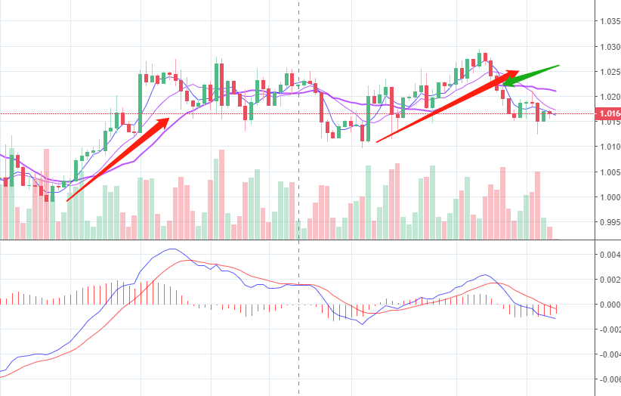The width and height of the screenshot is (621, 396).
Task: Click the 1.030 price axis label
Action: [608, 47]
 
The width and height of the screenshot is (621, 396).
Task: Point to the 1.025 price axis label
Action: [608, 72]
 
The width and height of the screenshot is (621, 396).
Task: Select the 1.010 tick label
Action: [608, 147]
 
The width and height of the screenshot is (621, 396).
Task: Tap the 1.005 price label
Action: [608, 172]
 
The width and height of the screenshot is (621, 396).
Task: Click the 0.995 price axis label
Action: [608, 223]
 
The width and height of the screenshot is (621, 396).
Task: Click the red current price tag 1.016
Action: [608, 114]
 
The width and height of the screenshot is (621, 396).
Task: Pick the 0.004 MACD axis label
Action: [610, 255]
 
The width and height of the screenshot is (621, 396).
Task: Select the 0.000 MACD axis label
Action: [610, 305]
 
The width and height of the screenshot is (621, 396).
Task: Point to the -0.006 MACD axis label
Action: [607, 379]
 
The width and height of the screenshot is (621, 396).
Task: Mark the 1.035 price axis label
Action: [608, 21]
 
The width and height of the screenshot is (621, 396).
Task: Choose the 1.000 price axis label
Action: [608, 197]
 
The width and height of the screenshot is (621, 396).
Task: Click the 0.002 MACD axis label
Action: [610, 280]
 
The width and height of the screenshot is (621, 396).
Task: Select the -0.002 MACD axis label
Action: [607, 329]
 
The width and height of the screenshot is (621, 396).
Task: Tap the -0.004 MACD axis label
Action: [607, 354]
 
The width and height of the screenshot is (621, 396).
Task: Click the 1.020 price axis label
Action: [608, 97]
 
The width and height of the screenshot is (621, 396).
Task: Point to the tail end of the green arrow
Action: [558, 66]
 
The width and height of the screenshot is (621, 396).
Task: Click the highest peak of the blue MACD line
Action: [172, 249]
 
